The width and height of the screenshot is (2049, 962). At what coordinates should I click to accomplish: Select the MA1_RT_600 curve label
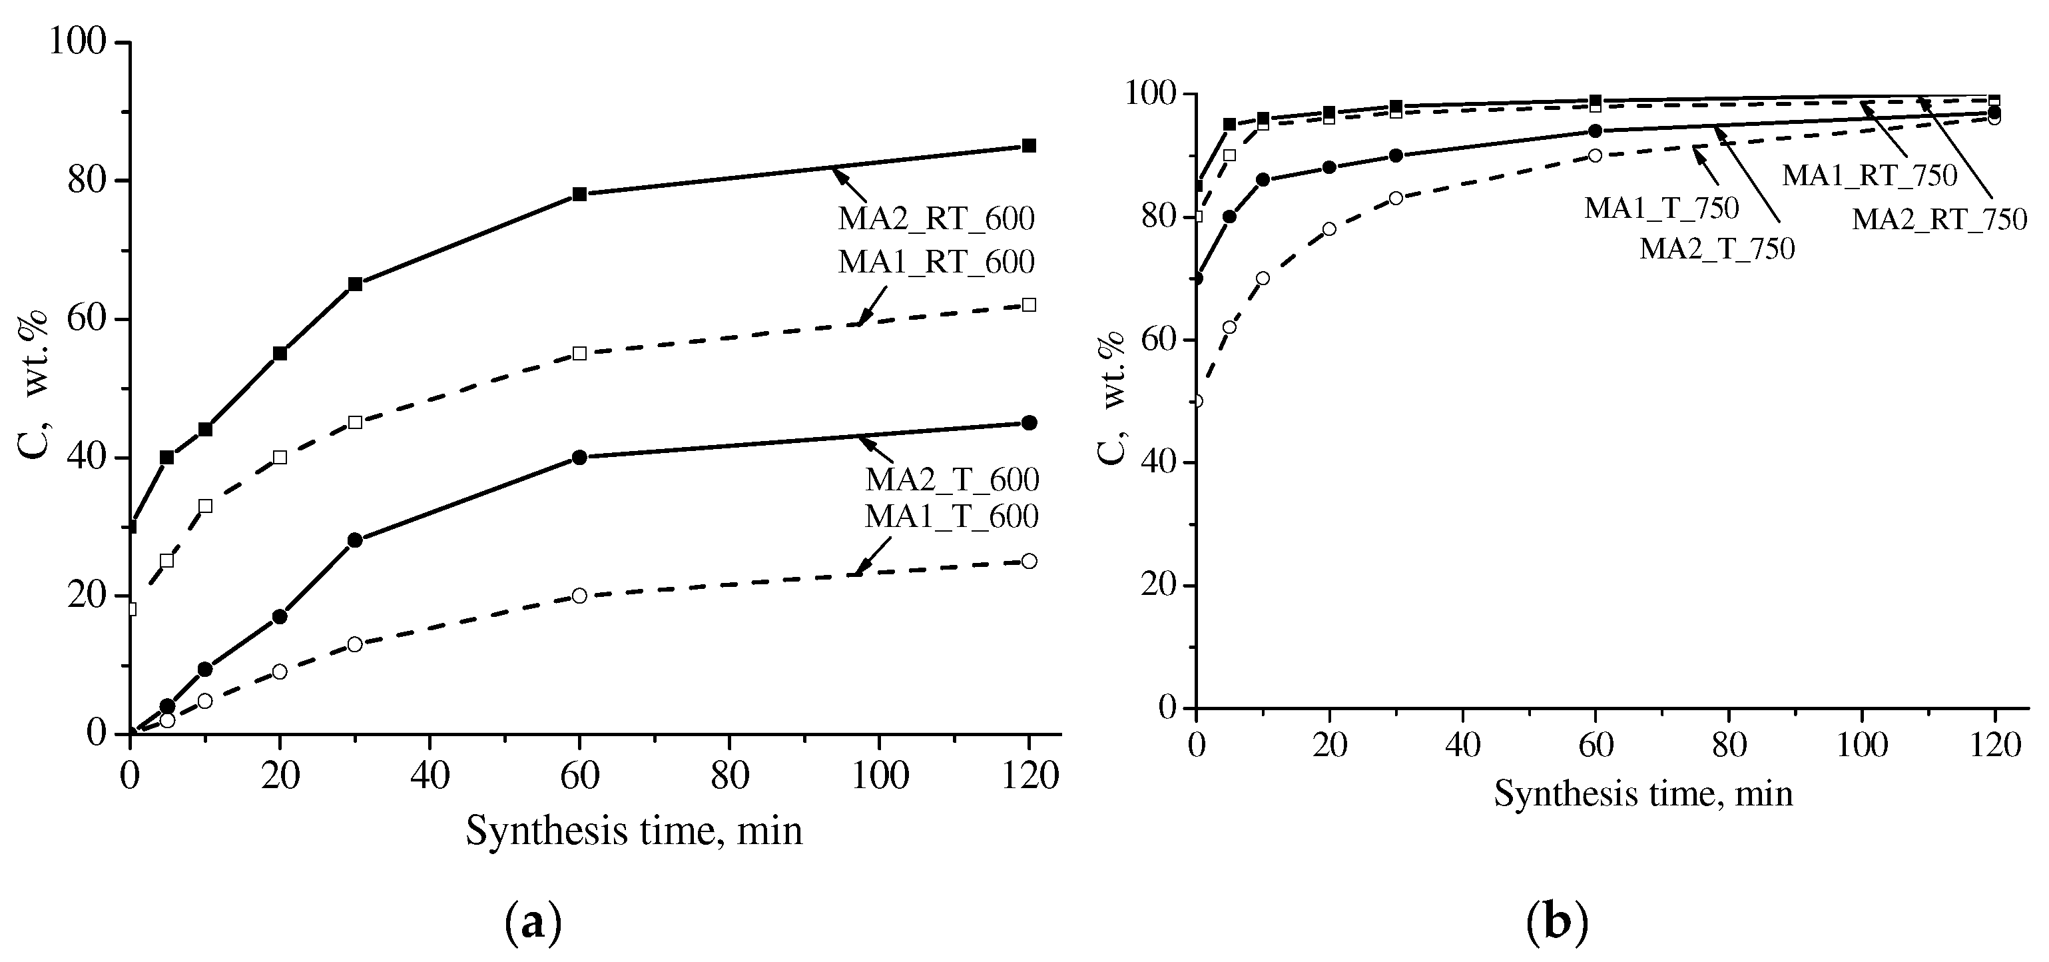(x=936, y=262)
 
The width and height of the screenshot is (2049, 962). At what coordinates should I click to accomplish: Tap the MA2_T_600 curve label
(x=952, y=480)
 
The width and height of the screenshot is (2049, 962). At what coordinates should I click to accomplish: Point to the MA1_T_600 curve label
(x=952, y=516)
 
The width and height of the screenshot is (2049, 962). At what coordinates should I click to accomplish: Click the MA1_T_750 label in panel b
(x=1661, y=209)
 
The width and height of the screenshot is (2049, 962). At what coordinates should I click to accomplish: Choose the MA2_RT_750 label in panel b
(x=1939, y=219)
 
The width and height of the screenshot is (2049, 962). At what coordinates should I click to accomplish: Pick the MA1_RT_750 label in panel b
(x=1869, y=176)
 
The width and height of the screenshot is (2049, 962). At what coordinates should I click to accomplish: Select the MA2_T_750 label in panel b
(x=1717, y=249)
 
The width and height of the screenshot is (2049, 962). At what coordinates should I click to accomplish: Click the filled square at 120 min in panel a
(x=1028, y=146)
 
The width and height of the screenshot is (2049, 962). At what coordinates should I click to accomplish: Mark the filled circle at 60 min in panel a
(x=579, y=458)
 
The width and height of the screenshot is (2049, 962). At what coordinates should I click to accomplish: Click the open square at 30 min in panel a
(x=356, y=422)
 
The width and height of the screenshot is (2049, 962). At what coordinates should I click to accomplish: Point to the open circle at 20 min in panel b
(x=1329, y=229)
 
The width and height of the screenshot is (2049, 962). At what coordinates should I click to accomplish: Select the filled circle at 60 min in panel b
(x=1595, y=131)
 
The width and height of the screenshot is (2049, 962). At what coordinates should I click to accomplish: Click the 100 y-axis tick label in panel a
(x=77, y=41)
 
